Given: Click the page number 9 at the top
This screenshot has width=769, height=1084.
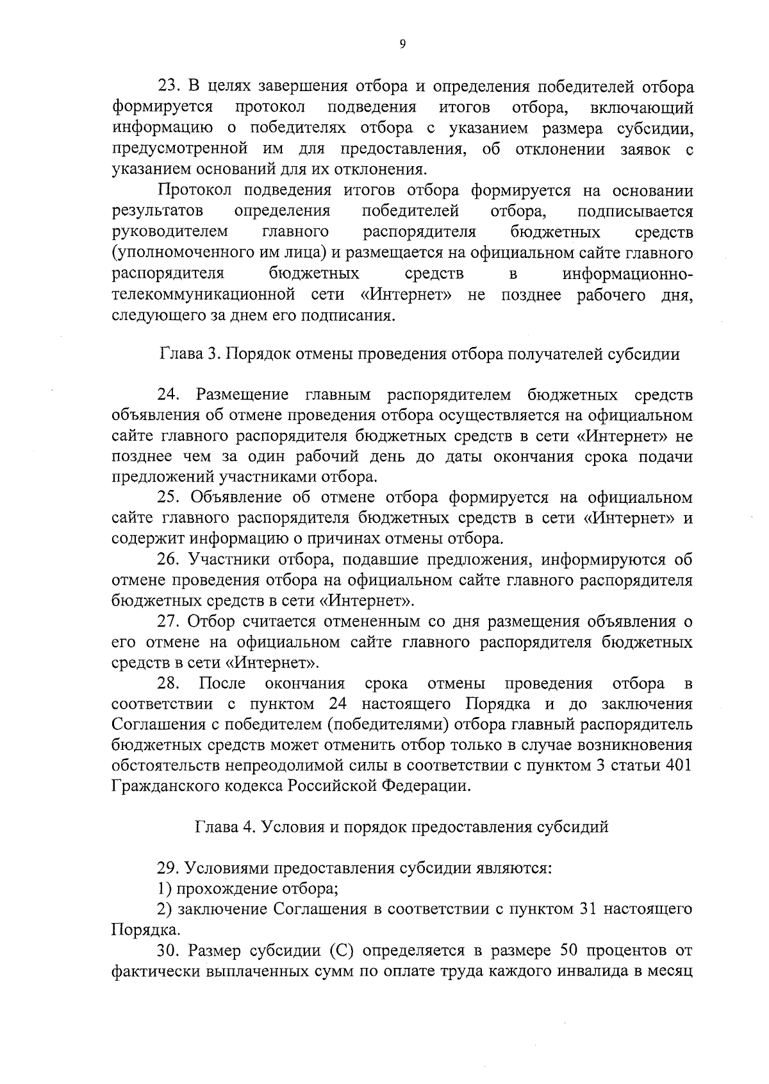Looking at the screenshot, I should point(402,44).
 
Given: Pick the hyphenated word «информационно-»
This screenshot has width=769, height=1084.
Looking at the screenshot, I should point(627,274).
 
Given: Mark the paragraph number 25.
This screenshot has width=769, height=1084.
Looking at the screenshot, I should point(169,498).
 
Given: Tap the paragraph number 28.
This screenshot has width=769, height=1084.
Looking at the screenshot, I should point(169,682).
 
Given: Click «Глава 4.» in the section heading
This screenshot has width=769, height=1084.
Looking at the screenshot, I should point(224,827).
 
